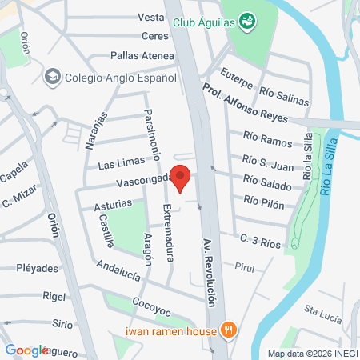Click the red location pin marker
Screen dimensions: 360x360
tap(182, 177)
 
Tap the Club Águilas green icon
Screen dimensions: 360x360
tap(248, 21)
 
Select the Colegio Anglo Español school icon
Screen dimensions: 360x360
tap(54, 78)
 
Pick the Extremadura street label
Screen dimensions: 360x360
tap(168, 233)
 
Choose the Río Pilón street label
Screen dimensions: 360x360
tap(264, 204)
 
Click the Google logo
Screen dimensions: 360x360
tap(26, 350)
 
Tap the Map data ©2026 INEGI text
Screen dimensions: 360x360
tap(313, 354)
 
